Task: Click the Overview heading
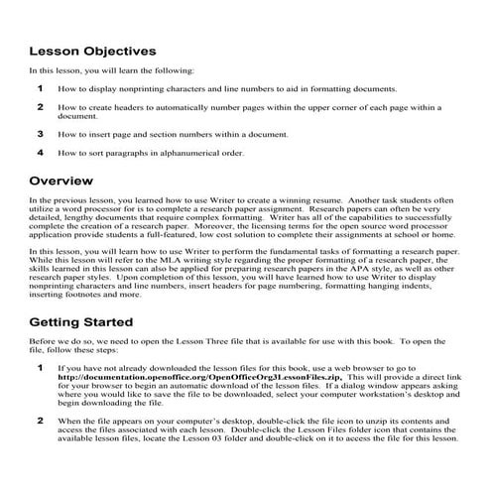[61, 182]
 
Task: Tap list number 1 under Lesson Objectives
[41, 88]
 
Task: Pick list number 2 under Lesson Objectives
[41, 105]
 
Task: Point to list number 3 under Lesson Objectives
[41, 132]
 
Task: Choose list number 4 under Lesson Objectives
[41, 153]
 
